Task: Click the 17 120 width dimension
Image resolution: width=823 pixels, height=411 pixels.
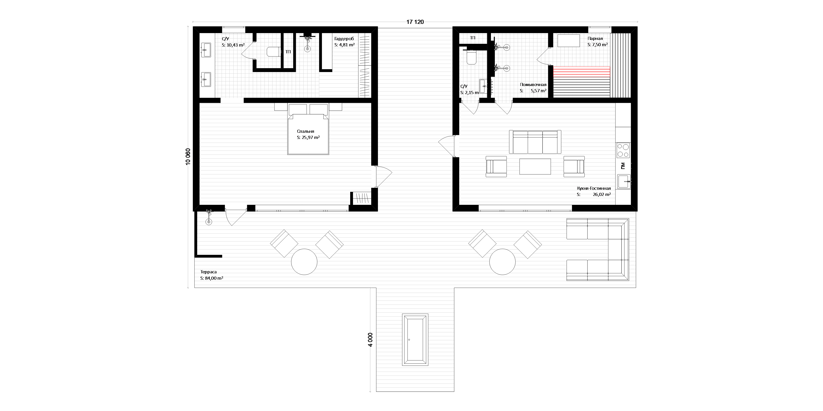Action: pos(415,22)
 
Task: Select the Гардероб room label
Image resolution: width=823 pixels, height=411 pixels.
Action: pos(344,39)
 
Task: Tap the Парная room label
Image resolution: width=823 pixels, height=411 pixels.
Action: pos(595,39)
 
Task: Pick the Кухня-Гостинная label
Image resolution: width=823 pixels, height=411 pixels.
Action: pos(594,189)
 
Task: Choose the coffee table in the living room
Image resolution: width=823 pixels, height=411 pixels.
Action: pos(535,166)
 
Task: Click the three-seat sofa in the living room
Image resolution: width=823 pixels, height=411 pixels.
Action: pos(535,142)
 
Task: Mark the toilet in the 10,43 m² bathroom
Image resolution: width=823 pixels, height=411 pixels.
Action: pos(273,52)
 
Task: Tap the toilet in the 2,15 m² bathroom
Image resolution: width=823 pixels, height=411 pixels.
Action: pos(472,58)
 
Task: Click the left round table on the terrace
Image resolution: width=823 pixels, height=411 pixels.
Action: pos(304,262)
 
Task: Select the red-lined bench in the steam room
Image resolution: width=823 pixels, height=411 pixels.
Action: pos(581,73)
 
